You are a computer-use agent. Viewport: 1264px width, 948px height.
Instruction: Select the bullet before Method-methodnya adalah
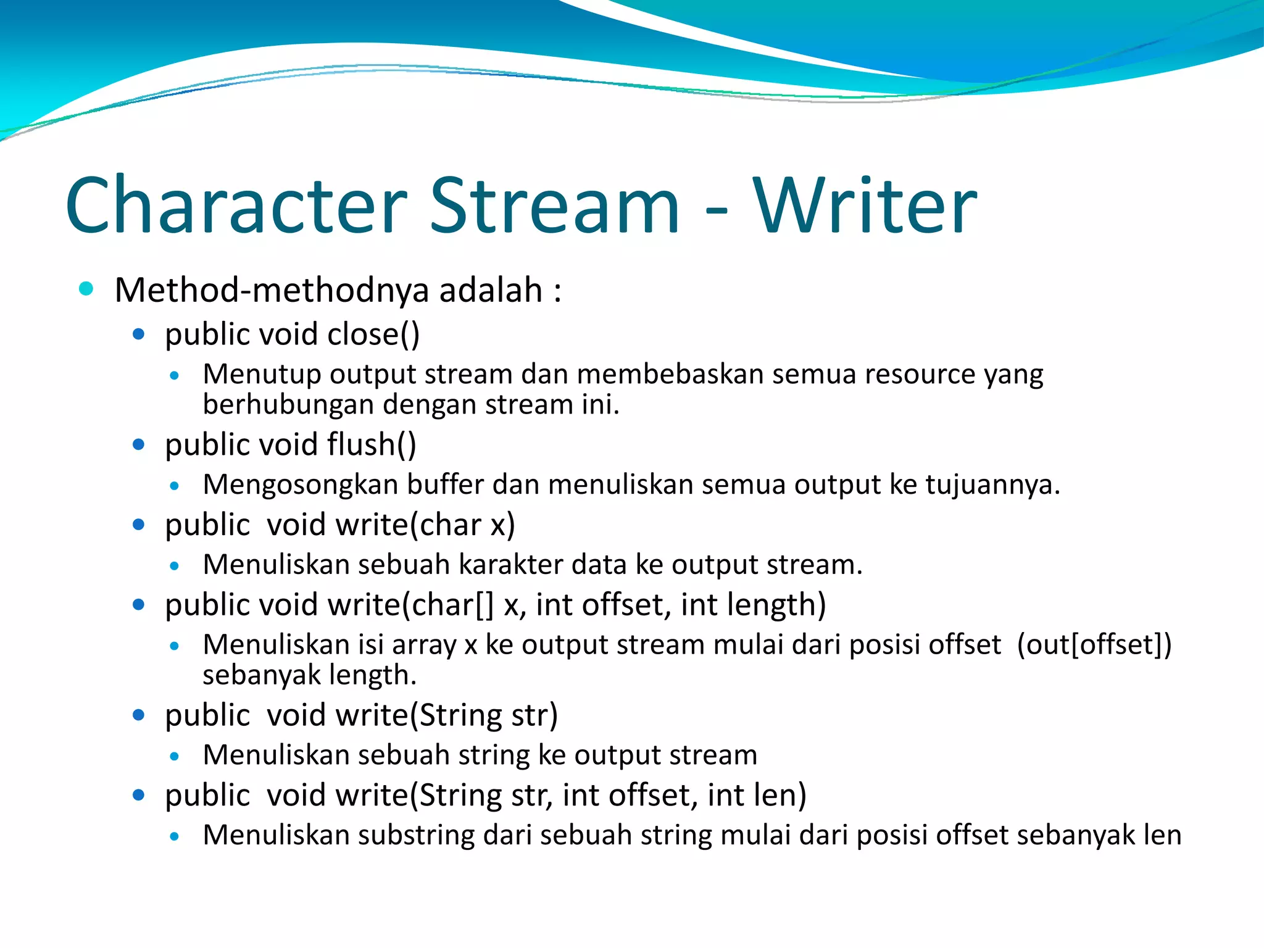click(86, 288)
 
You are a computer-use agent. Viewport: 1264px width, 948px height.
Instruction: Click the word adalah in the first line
click(491, 290)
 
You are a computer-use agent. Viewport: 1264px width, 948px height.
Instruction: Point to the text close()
click(373, 335)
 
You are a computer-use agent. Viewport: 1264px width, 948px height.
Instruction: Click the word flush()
click(372, 444)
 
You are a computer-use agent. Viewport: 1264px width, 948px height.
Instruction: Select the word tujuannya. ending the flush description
click(992, 485)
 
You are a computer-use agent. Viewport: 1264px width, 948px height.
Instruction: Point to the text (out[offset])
click(1094, 645)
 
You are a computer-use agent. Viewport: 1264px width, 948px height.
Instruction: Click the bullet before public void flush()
click(138, 444)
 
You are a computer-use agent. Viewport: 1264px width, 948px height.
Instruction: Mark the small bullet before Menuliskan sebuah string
click(175, 756)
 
